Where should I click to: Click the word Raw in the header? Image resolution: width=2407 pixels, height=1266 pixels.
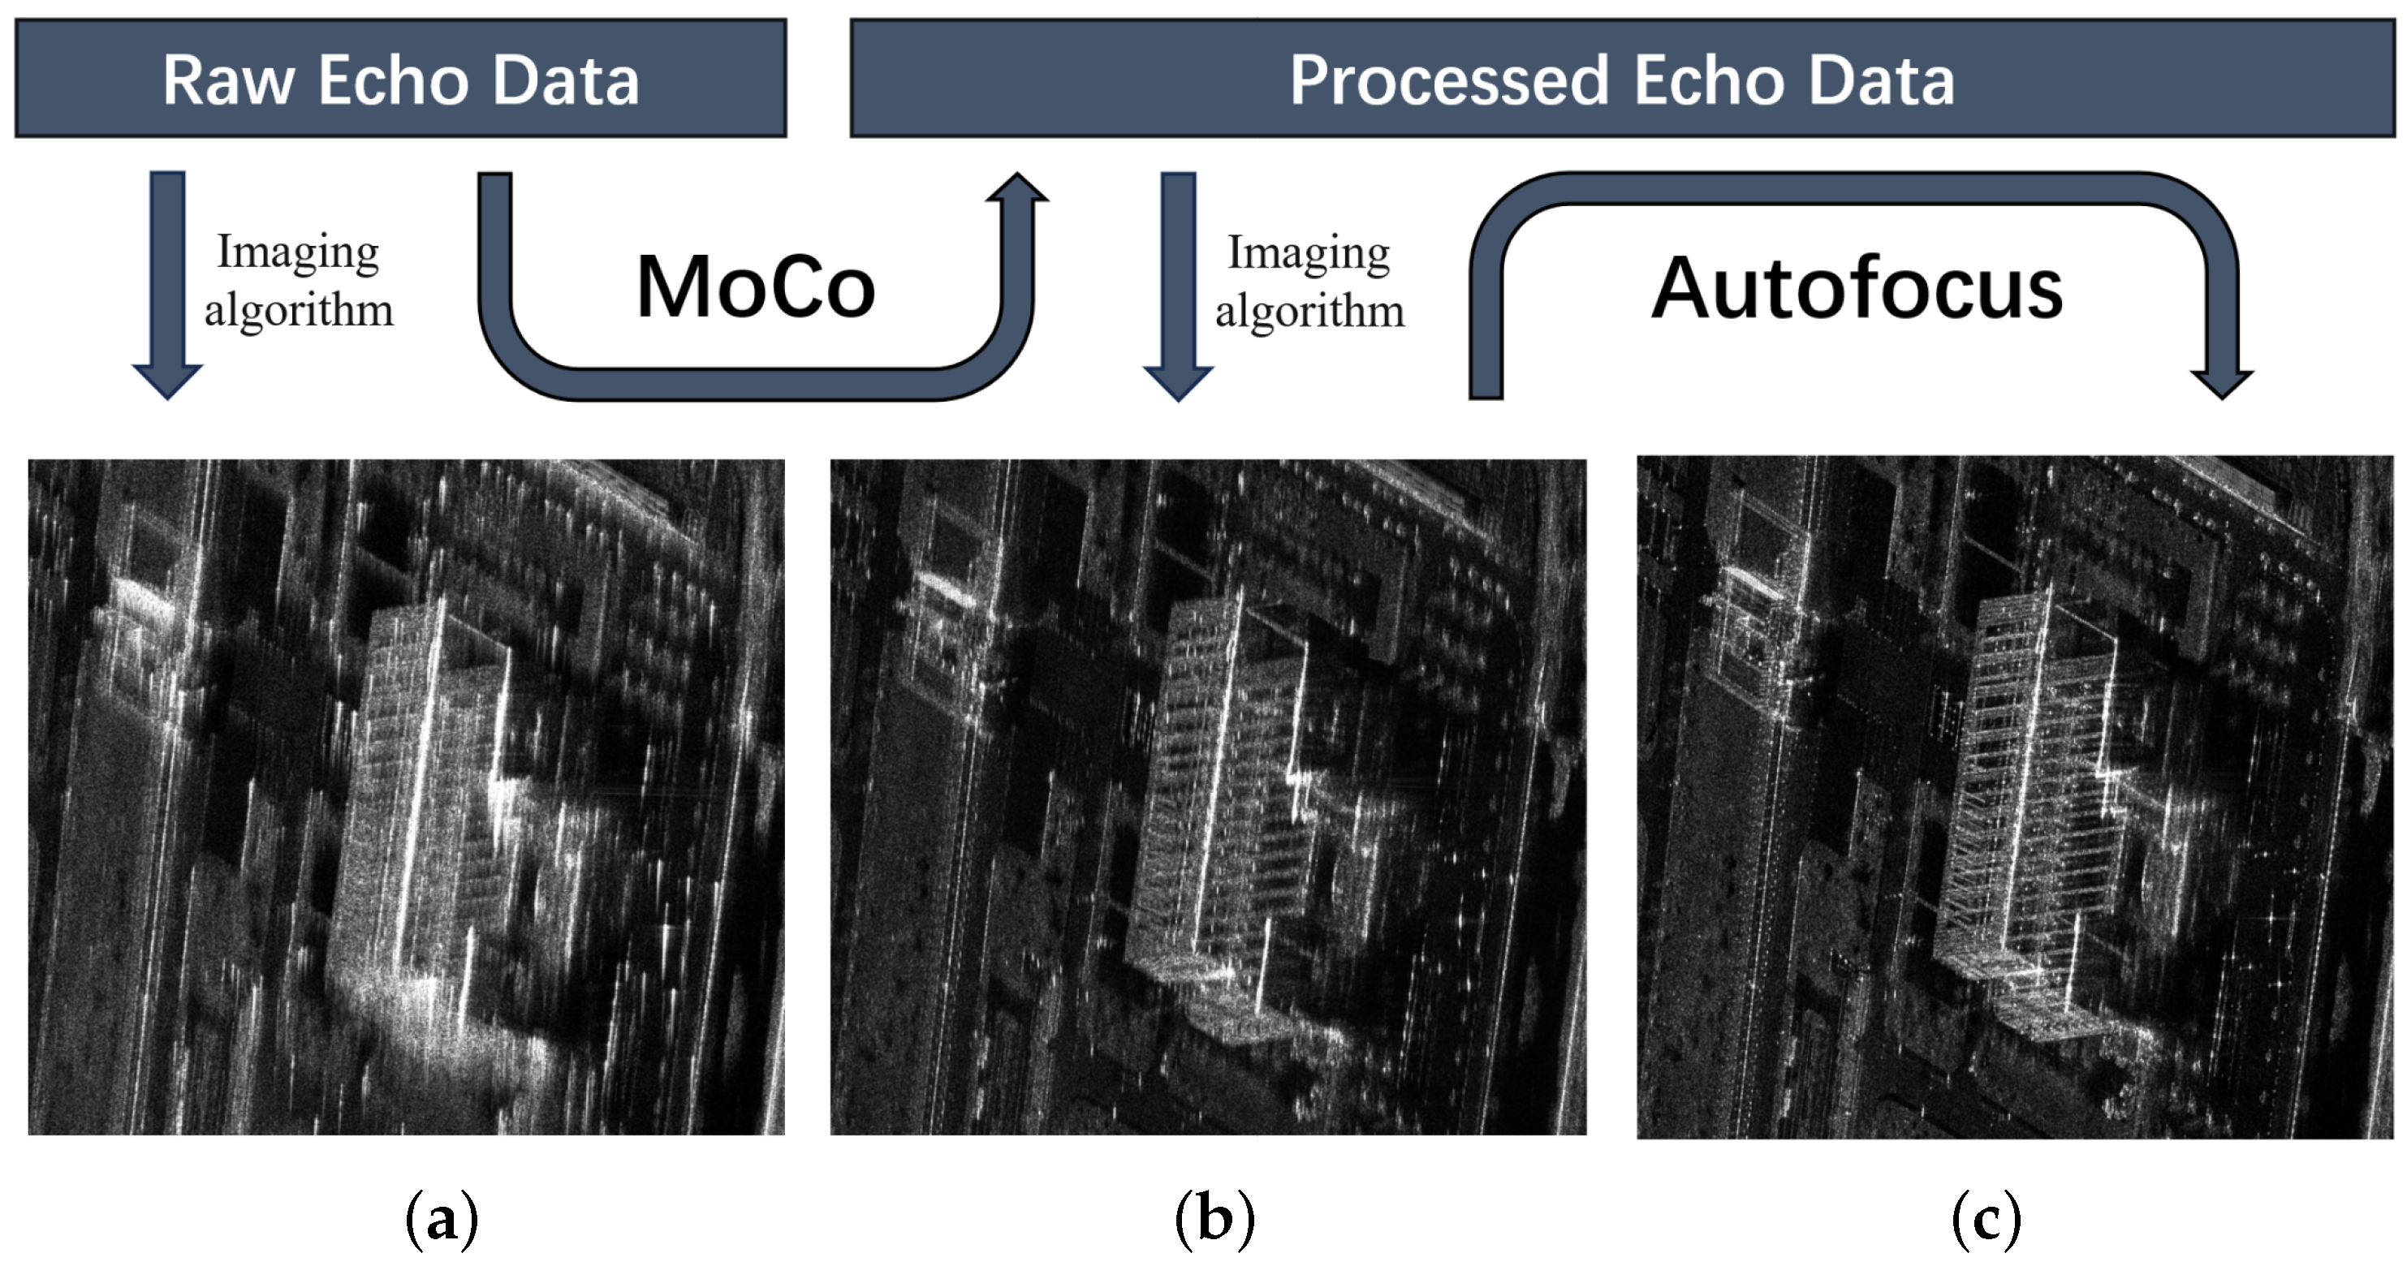[229, 80]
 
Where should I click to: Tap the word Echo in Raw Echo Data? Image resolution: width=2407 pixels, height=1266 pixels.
[392, 80]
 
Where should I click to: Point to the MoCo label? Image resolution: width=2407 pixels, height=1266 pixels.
[755, 286]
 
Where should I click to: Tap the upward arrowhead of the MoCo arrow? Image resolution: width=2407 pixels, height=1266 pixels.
[1016, 190]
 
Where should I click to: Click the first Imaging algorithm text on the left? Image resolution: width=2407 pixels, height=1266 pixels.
[299, 280]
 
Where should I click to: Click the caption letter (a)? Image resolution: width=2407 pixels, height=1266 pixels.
[442, 1218]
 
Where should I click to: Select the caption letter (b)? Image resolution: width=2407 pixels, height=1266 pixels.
[1214, 1218]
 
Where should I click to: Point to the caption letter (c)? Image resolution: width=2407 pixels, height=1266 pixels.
[1986, 1218]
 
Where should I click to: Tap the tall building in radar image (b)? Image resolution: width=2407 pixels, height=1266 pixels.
[1214, 794]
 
